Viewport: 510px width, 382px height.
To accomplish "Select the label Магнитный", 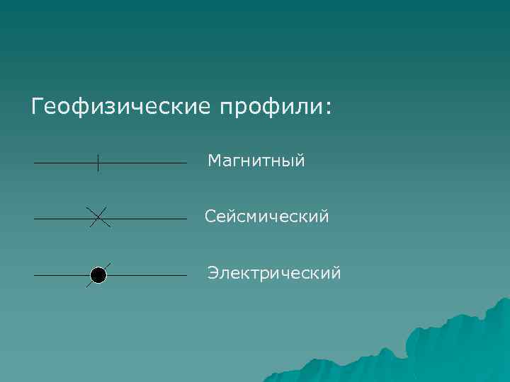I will tap(256, 161).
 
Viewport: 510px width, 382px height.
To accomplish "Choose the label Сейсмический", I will tap(267, 216).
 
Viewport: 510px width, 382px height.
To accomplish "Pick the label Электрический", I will tap(274, 272).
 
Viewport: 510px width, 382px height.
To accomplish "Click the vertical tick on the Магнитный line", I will tap(98, 163).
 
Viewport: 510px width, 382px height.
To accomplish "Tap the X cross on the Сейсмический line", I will tap(98, 218).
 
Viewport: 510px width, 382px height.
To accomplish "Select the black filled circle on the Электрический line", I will tap(98, 274).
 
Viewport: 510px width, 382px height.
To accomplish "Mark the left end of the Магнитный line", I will tap(35, 163).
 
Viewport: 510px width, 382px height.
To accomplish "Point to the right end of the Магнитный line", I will tap(186, 163).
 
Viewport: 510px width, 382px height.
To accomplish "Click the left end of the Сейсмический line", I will tap(35, 219).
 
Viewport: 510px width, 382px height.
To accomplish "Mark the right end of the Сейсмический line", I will tap(186, 219).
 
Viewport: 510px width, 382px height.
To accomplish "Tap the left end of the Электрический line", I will tap(35, 274).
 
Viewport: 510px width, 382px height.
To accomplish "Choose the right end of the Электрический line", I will tap(186, 274).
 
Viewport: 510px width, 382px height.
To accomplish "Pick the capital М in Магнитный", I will tap(215, 161).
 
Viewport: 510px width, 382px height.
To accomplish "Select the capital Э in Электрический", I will tap(212, 272).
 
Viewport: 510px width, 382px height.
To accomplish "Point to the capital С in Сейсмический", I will tap(211, 216).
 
